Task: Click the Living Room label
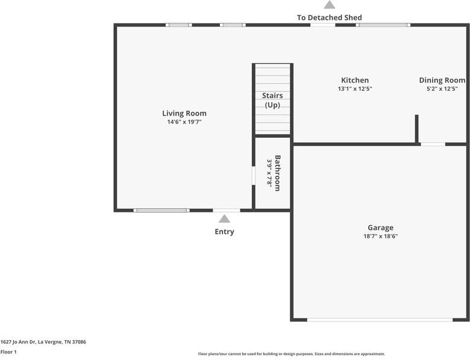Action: pos(184,113)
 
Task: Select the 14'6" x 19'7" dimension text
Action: pos(184,122)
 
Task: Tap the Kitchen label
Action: pos(355,80)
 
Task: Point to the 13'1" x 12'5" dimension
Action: pos(355,89)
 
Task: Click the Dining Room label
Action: pos(442,80)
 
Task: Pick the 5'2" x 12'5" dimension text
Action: pos(442,89)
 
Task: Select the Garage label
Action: pos(380,228)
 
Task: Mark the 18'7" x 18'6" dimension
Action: pos(380,237)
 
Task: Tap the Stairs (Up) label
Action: pos(272,100)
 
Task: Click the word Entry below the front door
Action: pos(224,232)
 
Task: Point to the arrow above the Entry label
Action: pos(224,219)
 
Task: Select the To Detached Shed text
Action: pos(329,17)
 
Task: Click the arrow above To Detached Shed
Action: pos(329,5)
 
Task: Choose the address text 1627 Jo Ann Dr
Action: pos(43,342)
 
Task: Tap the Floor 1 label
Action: pos(8,352)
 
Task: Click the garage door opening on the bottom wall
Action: pos(380,320)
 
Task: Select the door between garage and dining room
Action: pos(433,144)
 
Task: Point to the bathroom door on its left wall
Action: pos(253,175)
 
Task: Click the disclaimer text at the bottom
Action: pos(292,354)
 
